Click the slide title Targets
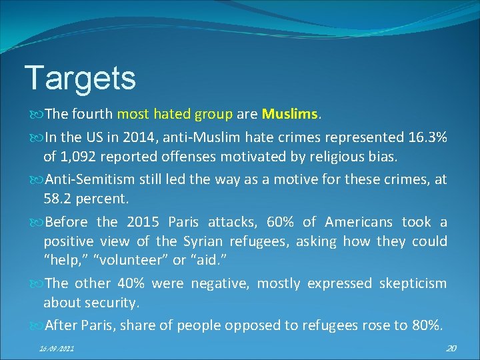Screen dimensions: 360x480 click(x=80, y=77)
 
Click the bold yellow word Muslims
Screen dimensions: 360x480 click(x=290, y=114)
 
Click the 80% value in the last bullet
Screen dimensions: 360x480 click(x=425, y=325)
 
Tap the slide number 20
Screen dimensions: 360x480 click(x=450, y=347)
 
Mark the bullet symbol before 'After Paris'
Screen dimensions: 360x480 click(x=35, y=325)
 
